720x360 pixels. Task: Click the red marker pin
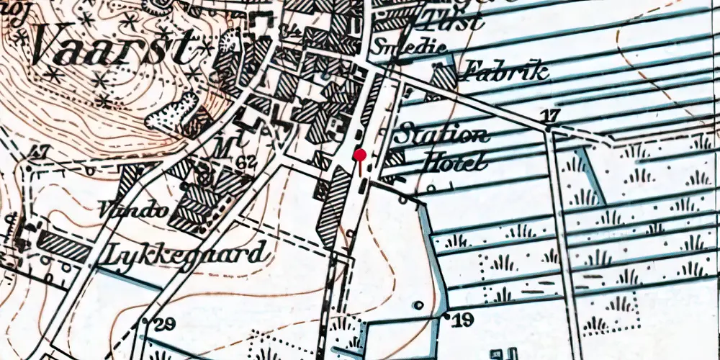(x=359, y=155)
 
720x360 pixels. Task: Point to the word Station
(x=443, y=134)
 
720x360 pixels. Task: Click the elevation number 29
(x=164, y=324)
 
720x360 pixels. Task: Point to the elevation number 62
(x=246, y=162)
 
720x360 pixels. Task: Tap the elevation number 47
(x=39, y=152)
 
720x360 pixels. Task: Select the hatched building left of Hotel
(x=395, y=160)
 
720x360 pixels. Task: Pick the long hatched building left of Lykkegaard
(x=65, y=247)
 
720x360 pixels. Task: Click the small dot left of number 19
(x=448, y=315)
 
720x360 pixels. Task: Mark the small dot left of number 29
(x=147, y=320)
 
